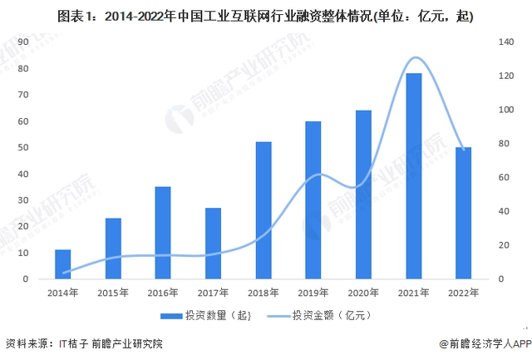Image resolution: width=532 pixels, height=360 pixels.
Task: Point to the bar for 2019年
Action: coord(313,200)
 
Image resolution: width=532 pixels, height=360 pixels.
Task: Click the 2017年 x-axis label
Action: coord(213,293)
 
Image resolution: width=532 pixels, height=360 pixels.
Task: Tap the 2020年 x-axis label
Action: coord(362,293)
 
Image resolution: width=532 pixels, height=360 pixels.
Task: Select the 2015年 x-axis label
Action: coord(112,293)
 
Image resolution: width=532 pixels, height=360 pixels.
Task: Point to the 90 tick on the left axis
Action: coord(23,42)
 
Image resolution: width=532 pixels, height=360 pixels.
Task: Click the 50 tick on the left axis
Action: coord(23,147)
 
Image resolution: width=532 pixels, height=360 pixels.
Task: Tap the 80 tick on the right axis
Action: coord(503,144)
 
